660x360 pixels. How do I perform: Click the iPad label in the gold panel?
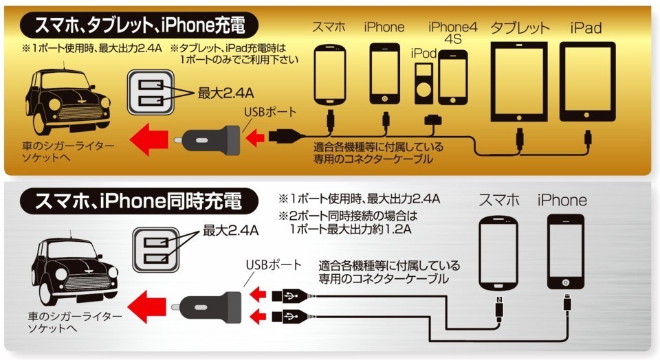pyautogui.click(x=586, y=28)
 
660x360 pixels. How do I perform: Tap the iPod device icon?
pyautogui.click(x=424, y=83)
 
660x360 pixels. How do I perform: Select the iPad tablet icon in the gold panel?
pyautogui.click(x=587, y=82)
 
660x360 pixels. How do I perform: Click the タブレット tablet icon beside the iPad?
pyautogui.click(x=519, y=82)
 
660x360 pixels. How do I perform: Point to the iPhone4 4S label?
pyautogui.click(x=453, y=33)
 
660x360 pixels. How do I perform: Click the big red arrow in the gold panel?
pyautogui.click(x=148, y=139)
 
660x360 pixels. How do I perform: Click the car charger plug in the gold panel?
pyautogui.click(x=207, y=139)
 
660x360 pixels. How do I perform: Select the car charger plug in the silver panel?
pyautogui.click(x=206, y=307)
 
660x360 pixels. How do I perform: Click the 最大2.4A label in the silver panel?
pyautogui.click(x=231, y=230)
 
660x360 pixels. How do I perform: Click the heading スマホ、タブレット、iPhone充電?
pyautogui.click(x=139, y=25)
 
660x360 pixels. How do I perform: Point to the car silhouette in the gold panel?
pyautogui.click(x=67, y=101)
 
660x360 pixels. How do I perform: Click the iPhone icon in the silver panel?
pyautogui.click(x=566, y=252)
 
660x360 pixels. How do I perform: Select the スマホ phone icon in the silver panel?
pyautogui.click(x=498, y=254)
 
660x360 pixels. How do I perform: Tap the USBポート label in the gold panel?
pyautogui.click(x=269, y=112)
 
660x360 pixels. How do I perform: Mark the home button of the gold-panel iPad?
pyautogui.click(x=586, y=115)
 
